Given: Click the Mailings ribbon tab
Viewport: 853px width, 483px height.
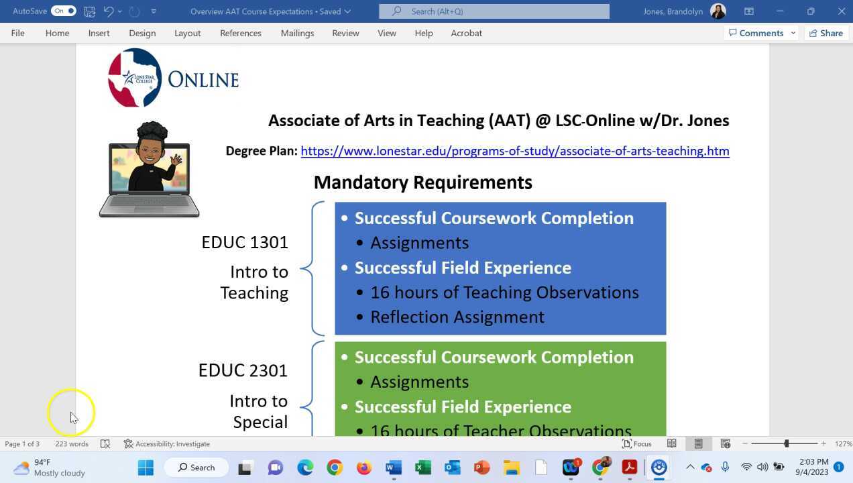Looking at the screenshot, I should [297, 33].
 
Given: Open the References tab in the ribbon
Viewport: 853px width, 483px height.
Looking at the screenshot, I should [240, 33].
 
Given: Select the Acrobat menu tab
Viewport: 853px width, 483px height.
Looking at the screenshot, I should [466, 33].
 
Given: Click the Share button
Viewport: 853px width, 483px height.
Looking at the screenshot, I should [826, 33].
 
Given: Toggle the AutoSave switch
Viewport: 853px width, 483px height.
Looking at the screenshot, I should [64, 11].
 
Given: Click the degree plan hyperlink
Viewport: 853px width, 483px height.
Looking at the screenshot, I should [514, 151].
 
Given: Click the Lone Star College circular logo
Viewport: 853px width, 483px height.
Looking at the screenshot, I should [135, 78].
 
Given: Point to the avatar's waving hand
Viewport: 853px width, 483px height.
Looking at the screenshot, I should [176, 160].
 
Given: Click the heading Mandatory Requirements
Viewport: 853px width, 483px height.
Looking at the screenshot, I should [422, 182].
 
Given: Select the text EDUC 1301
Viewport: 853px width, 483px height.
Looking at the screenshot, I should [244, 242].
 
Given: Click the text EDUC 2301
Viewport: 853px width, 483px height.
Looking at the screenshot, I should [243, 370].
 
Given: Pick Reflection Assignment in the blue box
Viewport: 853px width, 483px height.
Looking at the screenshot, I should [457, 317].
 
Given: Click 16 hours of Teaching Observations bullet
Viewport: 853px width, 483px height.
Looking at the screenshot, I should [504, 292].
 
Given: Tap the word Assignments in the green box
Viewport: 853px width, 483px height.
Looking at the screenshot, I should [419, 382].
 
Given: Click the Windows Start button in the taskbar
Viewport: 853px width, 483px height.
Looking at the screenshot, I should [146, 468].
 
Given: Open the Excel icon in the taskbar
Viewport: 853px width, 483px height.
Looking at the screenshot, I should [423, 468].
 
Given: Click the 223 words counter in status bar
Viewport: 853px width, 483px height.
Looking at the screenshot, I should [71, 444].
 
